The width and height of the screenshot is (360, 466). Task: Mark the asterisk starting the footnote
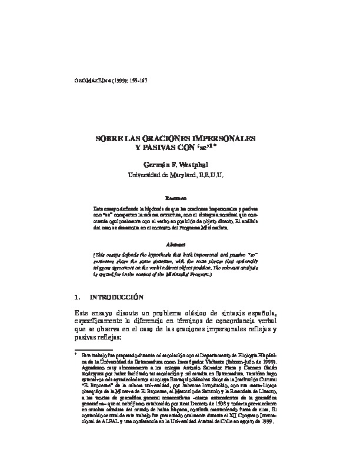click(76, 355)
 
